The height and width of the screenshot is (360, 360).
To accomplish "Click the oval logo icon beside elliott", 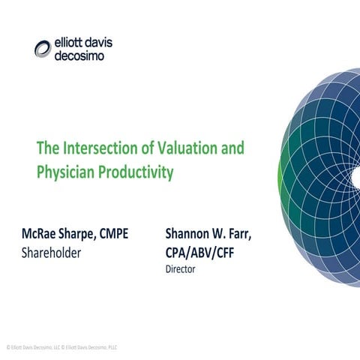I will click(43, 49).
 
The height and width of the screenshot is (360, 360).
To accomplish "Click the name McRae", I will click(42, 234).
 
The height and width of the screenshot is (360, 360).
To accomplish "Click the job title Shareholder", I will click(51, 253).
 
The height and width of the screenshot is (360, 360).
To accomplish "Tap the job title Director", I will click(180, 269).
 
